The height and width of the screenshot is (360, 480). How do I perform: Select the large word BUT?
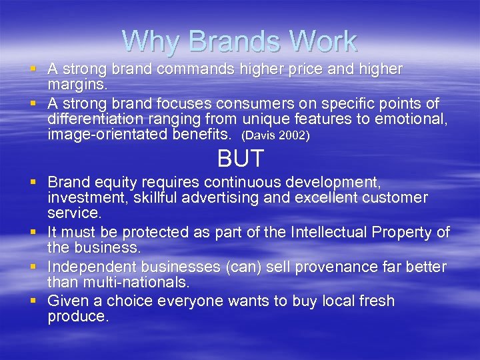tap(241, 159)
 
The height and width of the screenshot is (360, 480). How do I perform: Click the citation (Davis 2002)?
tap(275, 135)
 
